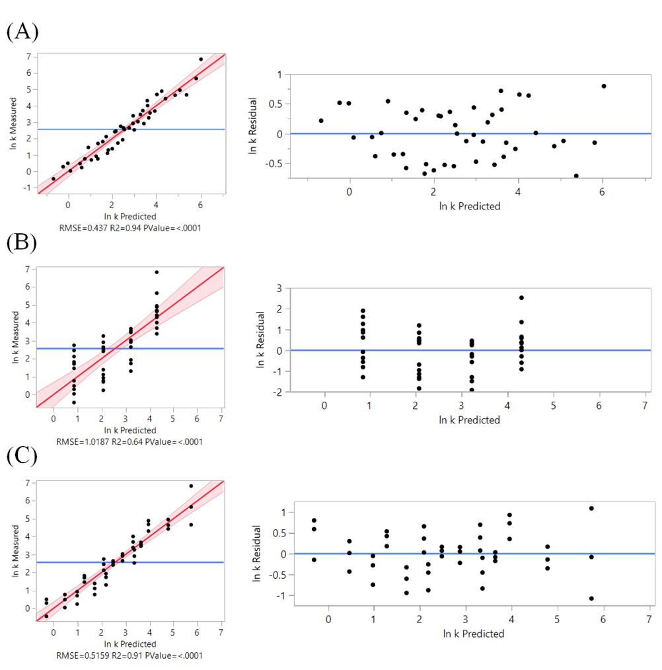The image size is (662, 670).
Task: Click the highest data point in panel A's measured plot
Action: coord(201,59)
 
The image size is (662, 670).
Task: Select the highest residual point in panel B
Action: coord(521,297)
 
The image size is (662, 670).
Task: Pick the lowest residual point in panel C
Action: coord(591,599)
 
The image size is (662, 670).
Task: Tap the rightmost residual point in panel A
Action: coord(604,86)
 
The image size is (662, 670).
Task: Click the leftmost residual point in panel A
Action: coord(321,121)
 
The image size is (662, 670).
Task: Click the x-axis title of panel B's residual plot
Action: coord(470,420)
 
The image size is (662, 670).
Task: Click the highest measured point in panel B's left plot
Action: coord(157,272)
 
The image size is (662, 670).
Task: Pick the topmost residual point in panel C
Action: coord(591,508)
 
